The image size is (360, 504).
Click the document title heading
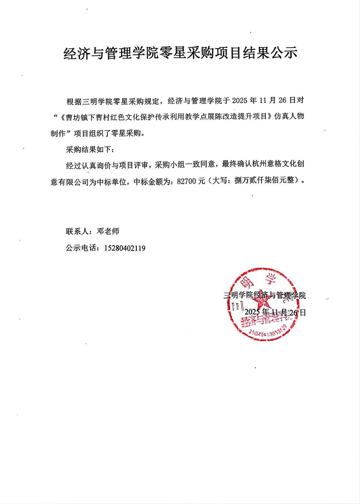click(180, 53)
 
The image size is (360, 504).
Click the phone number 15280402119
click(125, 248)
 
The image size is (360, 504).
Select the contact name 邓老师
click(108, 231)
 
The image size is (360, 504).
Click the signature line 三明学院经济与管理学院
click(265, 295)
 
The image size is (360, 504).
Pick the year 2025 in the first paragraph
click(241, 101)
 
